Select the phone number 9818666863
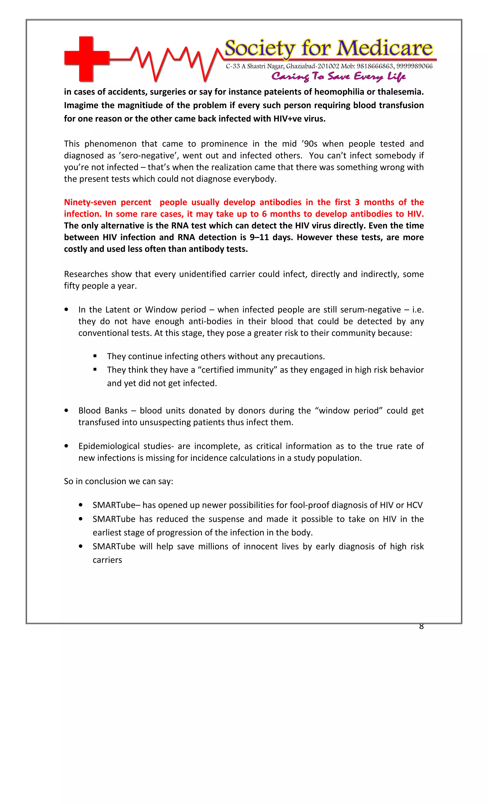[375, 66]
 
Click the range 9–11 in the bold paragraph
[259, 237]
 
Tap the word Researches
[86, 274]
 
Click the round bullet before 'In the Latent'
[66, 310]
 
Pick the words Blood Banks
[103, 411]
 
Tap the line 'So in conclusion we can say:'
[118, 481]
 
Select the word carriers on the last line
[107, 560]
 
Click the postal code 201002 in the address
[329, 66]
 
